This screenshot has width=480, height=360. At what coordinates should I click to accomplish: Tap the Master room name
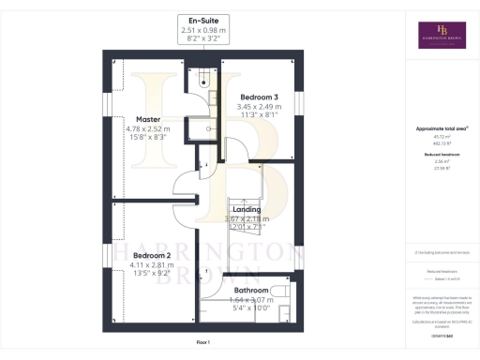point(148,119)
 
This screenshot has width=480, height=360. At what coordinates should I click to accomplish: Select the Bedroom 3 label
point(260,97)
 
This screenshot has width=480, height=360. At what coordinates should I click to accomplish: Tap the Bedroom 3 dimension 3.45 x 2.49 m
point(260,108)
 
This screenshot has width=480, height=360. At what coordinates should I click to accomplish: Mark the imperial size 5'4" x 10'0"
point(251,307)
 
